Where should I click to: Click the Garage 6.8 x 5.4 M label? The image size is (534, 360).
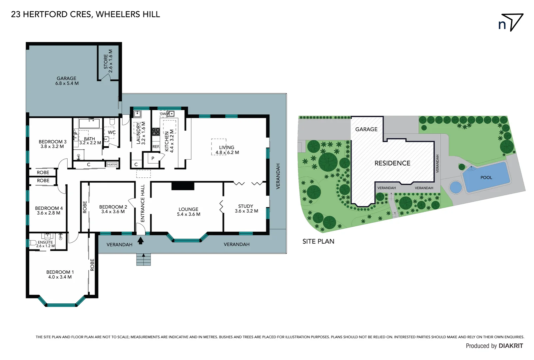(x=67, y=81)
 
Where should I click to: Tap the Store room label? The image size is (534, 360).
(x=108, y=61)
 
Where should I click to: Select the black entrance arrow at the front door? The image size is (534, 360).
(x=141, y=240)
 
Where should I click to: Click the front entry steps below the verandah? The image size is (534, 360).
(x=144, y=260)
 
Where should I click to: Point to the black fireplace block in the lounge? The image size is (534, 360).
(x=183, y=186)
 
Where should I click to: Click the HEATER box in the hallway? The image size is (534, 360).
(x=112, y=164)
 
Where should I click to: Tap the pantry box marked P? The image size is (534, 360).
(x=153, y=158)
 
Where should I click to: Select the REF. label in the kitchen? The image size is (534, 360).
(x=156, y=147)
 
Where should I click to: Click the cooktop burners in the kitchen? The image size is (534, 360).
(x=156, y=132)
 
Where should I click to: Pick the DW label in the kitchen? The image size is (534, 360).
(x=163, y=114)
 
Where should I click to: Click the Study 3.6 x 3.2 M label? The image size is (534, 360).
(x=246, y=209)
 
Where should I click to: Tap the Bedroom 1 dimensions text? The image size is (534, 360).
(x=60, y=277)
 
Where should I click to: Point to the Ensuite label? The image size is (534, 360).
(x=45, y=242)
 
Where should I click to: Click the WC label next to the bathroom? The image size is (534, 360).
(x=112, y=132)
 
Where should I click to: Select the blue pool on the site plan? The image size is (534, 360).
(x=486, y=177)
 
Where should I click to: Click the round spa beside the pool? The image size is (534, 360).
(x=455, y=187)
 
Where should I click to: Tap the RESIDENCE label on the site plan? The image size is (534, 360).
(x=392, y=163)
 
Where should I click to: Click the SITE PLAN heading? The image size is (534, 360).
(x=318, y=241)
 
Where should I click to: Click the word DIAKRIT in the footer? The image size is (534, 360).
(x=511, y=346)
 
